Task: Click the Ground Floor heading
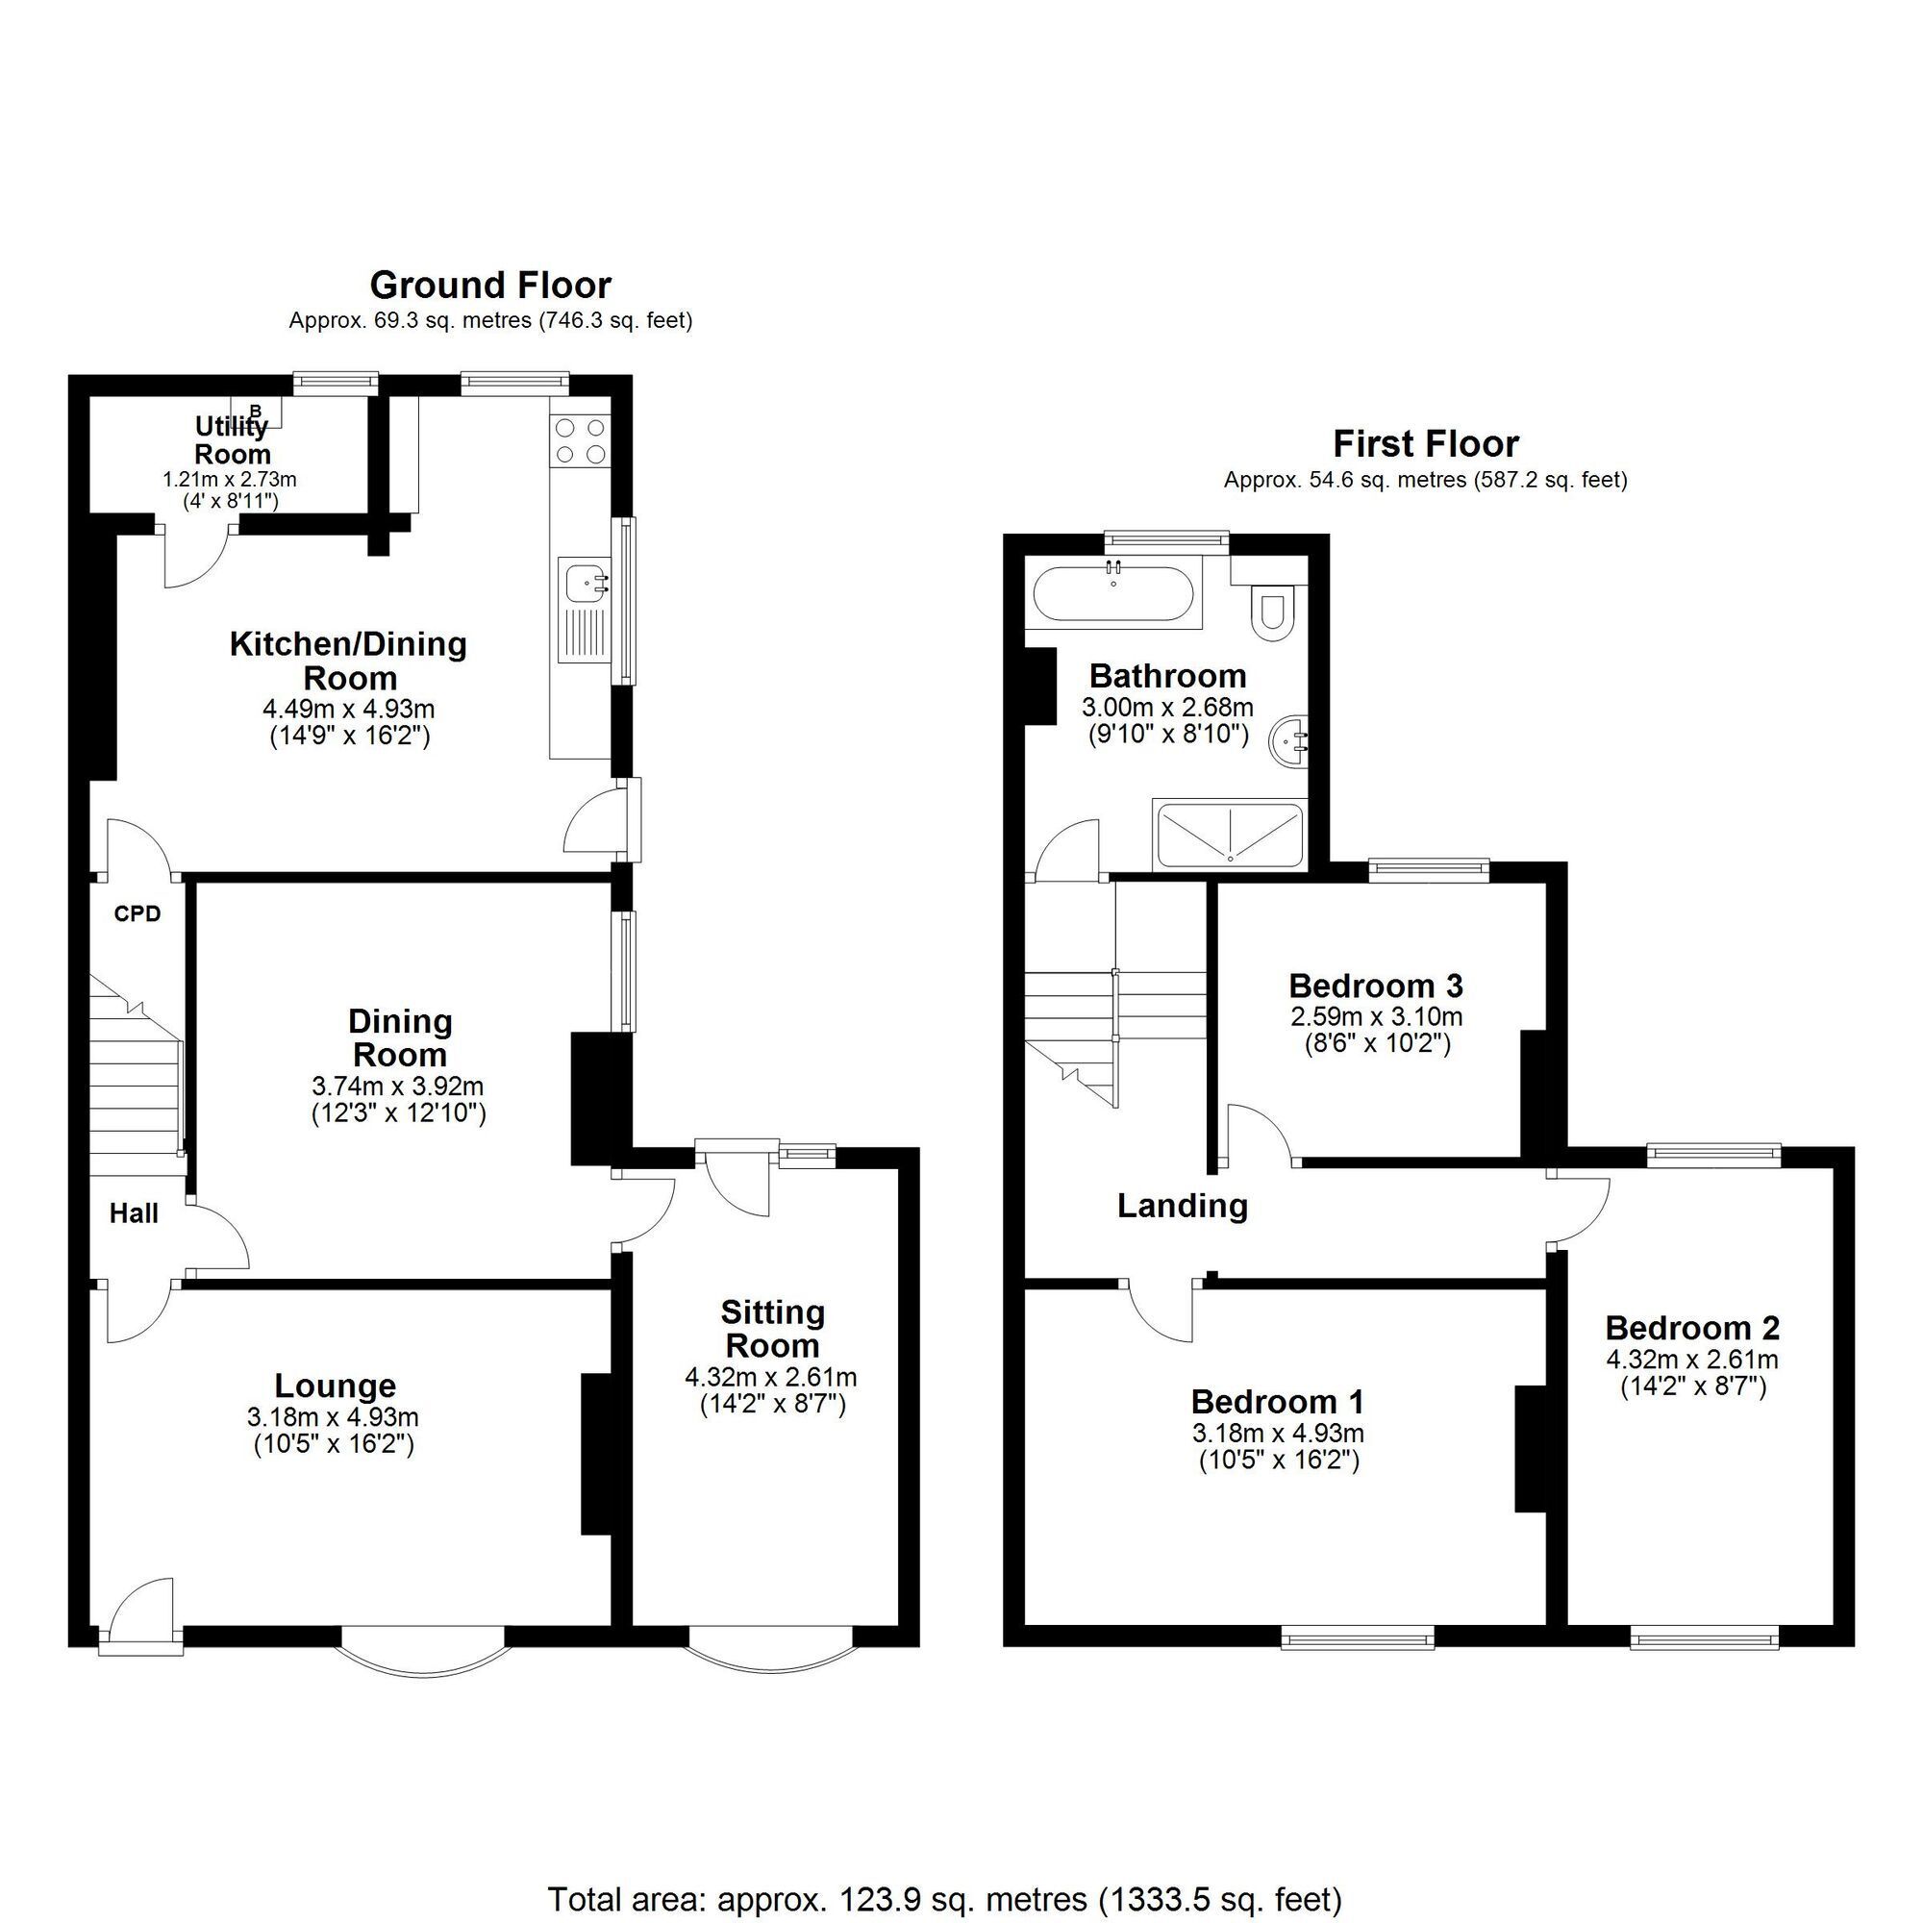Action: pos(489,286)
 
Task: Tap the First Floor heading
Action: pos(1425,444)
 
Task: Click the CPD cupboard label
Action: pos(137,913)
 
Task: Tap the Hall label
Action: pos(134,1213)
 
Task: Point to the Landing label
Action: pos(1182,1207)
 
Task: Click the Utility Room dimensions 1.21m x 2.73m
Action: pos(230,480)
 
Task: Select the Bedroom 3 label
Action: pos(1376,986)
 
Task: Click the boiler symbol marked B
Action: pos(256,411)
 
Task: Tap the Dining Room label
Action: pos(400,1038)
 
